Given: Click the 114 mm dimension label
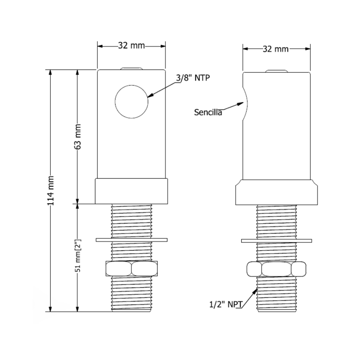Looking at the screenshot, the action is (50, 191).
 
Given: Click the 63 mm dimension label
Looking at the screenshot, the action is (78, 136).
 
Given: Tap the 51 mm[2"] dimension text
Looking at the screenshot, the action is (78, 255).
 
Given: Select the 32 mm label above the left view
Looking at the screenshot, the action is (131, 45).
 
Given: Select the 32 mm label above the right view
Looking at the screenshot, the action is (275, 49).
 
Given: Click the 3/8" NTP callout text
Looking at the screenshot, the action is (193, 78).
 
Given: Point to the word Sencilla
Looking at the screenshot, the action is (208, 112).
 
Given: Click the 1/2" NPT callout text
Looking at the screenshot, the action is (226, 304).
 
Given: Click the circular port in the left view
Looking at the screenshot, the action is (131, 102).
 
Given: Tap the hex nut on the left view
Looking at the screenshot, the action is (131, 268).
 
